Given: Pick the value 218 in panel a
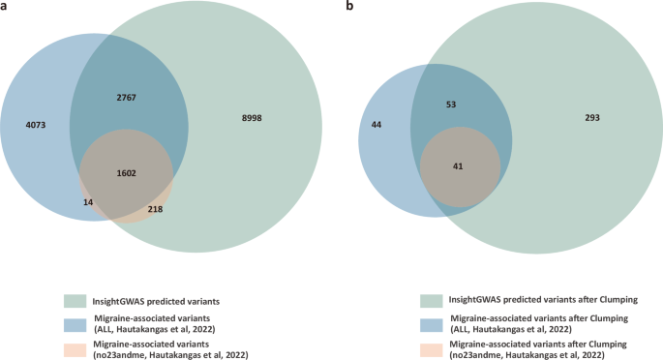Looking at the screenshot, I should click(155, 209).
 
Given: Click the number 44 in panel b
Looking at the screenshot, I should click(377, 126).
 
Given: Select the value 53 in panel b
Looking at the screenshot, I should click(451, 104).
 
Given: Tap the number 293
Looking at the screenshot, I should click(592, 118).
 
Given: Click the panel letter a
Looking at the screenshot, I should click(5, 6).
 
